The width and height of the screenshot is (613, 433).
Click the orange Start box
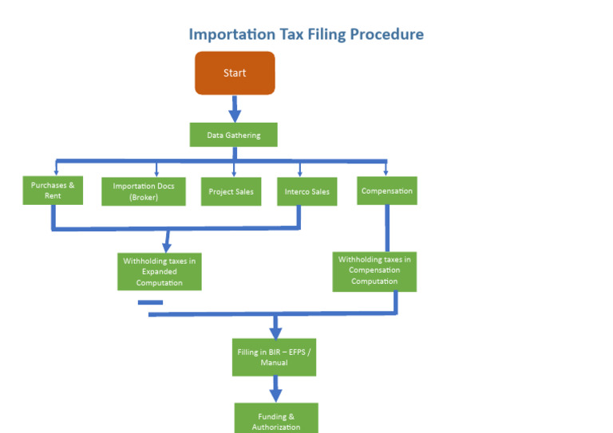(x=235, y=73)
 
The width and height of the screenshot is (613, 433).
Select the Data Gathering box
(x=233, y=135)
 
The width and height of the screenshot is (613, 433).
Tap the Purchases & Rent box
(x=53, y=191)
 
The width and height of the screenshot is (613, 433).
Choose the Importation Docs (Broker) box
(x=144, y=191)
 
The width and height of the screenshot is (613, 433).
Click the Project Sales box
(x=231, y=191)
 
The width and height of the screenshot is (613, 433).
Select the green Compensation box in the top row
(x=386, y=191)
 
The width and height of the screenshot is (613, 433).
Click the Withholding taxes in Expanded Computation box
(x=159, y=272)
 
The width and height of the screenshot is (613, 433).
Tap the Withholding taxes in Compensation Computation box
(x=374, y=271)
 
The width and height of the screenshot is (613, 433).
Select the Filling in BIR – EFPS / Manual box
(x=274, y=357)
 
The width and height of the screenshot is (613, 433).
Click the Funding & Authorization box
(x=276, y=419)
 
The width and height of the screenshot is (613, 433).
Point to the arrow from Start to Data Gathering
(x=235, y=108)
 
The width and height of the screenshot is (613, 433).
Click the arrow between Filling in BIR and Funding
(x=276, y=388)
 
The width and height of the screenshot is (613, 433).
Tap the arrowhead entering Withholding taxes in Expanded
(x=167, y=246)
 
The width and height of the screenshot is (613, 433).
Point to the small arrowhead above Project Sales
(x=234, y=172)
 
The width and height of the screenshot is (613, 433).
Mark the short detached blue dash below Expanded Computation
(x=150, y=302)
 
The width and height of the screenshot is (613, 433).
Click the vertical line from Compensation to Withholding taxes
(x=387, y=228)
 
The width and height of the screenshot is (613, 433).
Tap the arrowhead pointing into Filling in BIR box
(x=276, y=333)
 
